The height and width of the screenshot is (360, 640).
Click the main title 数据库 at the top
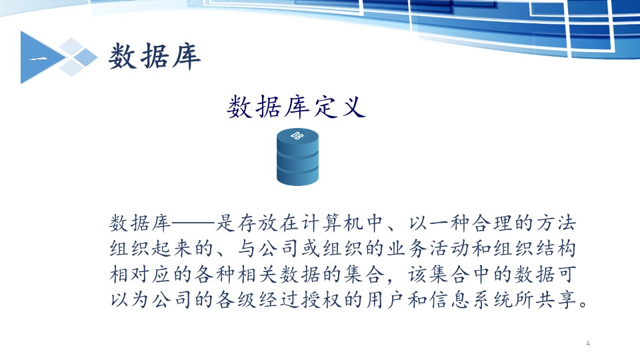155,56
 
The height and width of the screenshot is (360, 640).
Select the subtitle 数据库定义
296,107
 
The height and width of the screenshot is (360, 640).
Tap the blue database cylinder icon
297,157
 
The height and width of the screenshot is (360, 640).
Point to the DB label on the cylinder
297,135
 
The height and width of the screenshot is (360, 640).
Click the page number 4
588,343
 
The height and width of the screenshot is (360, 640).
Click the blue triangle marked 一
41,57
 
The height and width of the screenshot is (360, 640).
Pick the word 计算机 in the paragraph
333,223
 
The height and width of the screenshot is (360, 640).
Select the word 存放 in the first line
258,223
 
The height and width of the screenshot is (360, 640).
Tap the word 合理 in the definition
492,223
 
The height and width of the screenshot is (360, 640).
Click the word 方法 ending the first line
555,223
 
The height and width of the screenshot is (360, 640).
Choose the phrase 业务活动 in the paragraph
428,249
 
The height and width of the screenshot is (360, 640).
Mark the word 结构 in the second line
555,249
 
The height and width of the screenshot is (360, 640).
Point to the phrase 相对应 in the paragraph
141,274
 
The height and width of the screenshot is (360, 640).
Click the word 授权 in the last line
322,300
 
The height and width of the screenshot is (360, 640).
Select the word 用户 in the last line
386,300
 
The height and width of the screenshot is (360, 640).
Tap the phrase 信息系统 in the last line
471,300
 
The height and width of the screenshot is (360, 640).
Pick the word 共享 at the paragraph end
555,300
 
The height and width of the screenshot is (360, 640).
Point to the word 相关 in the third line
258,274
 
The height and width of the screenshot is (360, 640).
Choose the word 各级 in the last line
237,300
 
